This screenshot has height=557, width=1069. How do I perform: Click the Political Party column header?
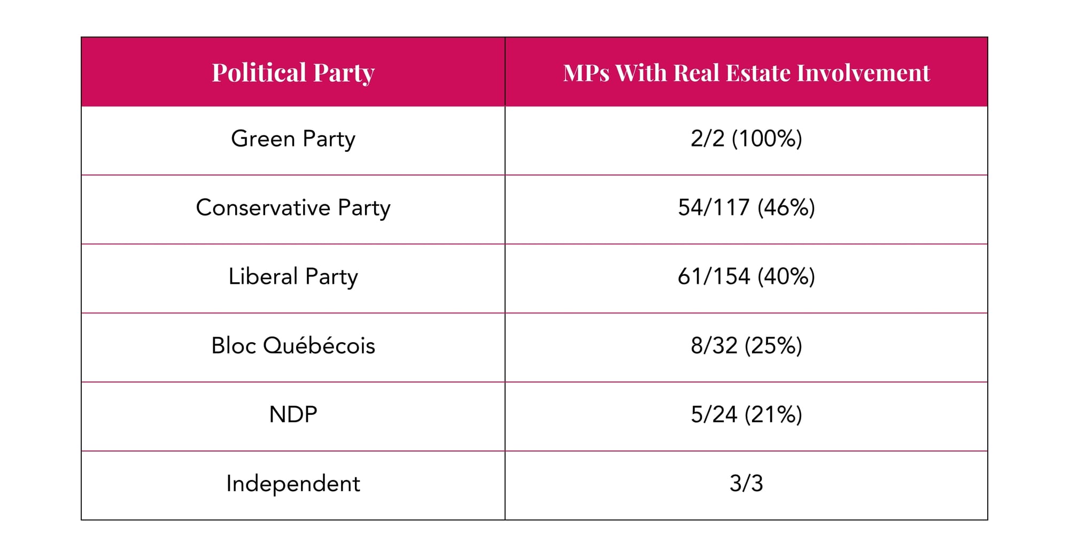[293, 73]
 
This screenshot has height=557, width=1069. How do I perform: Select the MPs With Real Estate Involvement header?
[746, 73]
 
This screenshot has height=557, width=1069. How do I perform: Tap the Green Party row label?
[293, 139]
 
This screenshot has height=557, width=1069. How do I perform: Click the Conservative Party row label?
[293, 208]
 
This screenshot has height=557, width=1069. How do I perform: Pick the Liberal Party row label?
[293, 277]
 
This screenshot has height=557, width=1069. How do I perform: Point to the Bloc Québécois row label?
[293, 346]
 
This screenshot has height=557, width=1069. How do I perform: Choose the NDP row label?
[293, 415]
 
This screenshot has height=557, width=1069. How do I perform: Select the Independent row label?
[293, 484]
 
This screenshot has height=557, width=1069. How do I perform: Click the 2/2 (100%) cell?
[746, 139]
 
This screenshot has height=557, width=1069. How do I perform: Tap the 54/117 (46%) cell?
[746, 208]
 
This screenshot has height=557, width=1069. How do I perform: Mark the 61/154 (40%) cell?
[746, 277]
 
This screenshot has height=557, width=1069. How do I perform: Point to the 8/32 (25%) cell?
[746, 346]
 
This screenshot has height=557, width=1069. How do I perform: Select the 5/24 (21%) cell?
[746, 415]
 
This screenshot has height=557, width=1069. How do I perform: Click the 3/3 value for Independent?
[746, 484]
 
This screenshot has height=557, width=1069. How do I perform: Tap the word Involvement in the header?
[863, 73]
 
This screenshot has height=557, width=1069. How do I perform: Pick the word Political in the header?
[259, 73]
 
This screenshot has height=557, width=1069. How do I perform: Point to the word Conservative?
[263, 208]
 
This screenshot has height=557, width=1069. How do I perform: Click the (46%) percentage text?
[786, 208]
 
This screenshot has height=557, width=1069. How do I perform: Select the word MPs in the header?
[586, 73]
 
